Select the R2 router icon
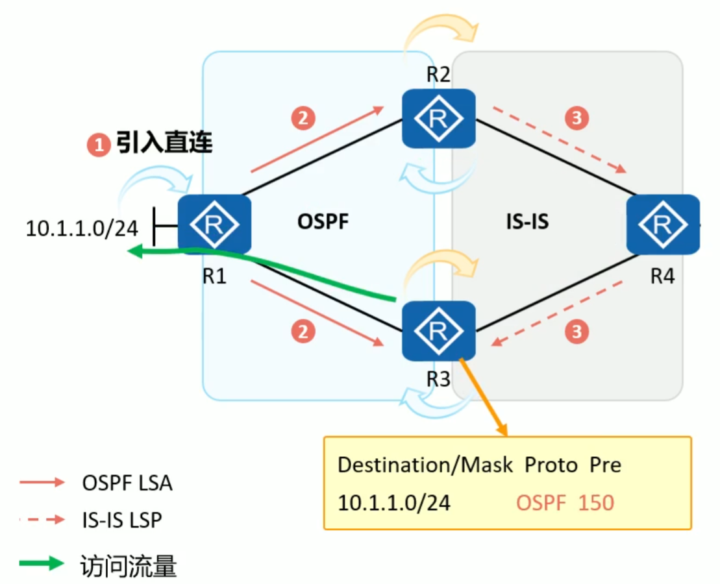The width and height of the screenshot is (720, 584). point(438,118)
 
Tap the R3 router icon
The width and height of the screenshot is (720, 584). point(438,331)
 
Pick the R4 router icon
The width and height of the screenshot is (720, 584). point(662,224)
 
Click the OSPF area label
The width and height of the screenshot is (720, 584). point(323,222)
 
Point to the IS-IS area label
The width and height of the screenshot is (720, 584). point(527,222)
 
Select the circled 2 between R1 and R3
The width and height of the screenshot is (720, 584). point(303,332)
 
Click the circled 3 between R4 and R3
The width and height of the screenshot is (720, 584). point(577,332)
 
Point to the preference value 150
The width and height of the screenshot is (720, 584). point(595,503)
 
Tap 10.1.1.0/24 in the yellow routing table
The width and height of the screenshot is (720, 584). point(394,503)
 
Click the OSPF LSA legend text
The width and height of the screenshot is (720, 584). point(127,483)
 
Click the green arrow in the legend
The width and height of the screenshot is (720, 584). point(42,563)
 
